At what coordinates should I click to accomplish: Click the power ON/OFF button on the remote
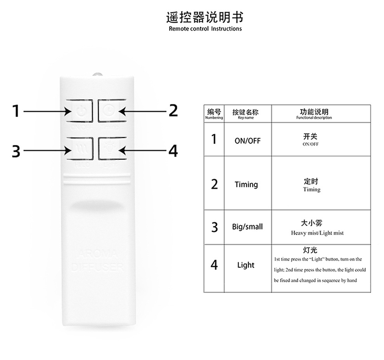pyautogui.click(x=80, y=112)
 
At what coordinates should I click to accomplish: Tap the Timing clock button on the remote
pyautogui.click(x=110, y=112)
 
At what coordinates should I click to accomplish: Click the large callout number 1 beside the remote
pyautogui.click(x=16, y=112)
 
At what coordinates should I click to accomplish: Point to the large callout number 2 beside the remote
pyautogui.click(x=173, y=111)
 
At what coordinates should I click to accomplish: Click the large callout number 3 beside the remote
pyautogui.click(x=16, y=151)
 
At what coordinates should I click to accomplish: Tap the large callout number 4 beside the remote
pyautogui.click(x=173, y=151)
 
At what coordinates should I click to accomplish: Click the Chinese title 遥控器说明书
pyautogui.click(x=205, y=17)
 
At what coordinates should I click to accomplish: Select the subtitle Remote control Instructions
pyautogui.click(x=205, y=29)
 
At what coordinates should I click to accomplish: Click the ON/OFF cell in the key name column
pyautogui.click(x=247, y=141)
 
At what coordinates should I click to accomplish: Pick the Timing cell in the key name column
pyautogui.click(x=246, y=184)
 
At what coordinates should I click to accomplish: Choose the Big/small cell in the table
pyautogui.click(x=247, y=227)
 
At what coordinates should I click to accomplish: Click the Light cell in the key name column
pyautogui.click(x=246, y=265)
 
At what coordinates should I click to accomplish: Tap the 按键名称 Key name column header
pyautogui.click(x=246, y=114)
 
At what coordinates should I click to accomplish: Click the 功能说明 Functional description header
pyautogui.click(x=314, y=114)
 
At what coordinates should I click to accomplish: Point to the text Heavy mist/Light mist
pyautogui.click(x=317, y=233)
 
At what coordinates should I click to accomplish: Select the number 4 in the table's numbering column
pyautogui.click(x=214, y=265)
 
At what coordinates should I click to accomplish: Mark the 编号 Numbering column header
pyautogui.click(x=214, y=114)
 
